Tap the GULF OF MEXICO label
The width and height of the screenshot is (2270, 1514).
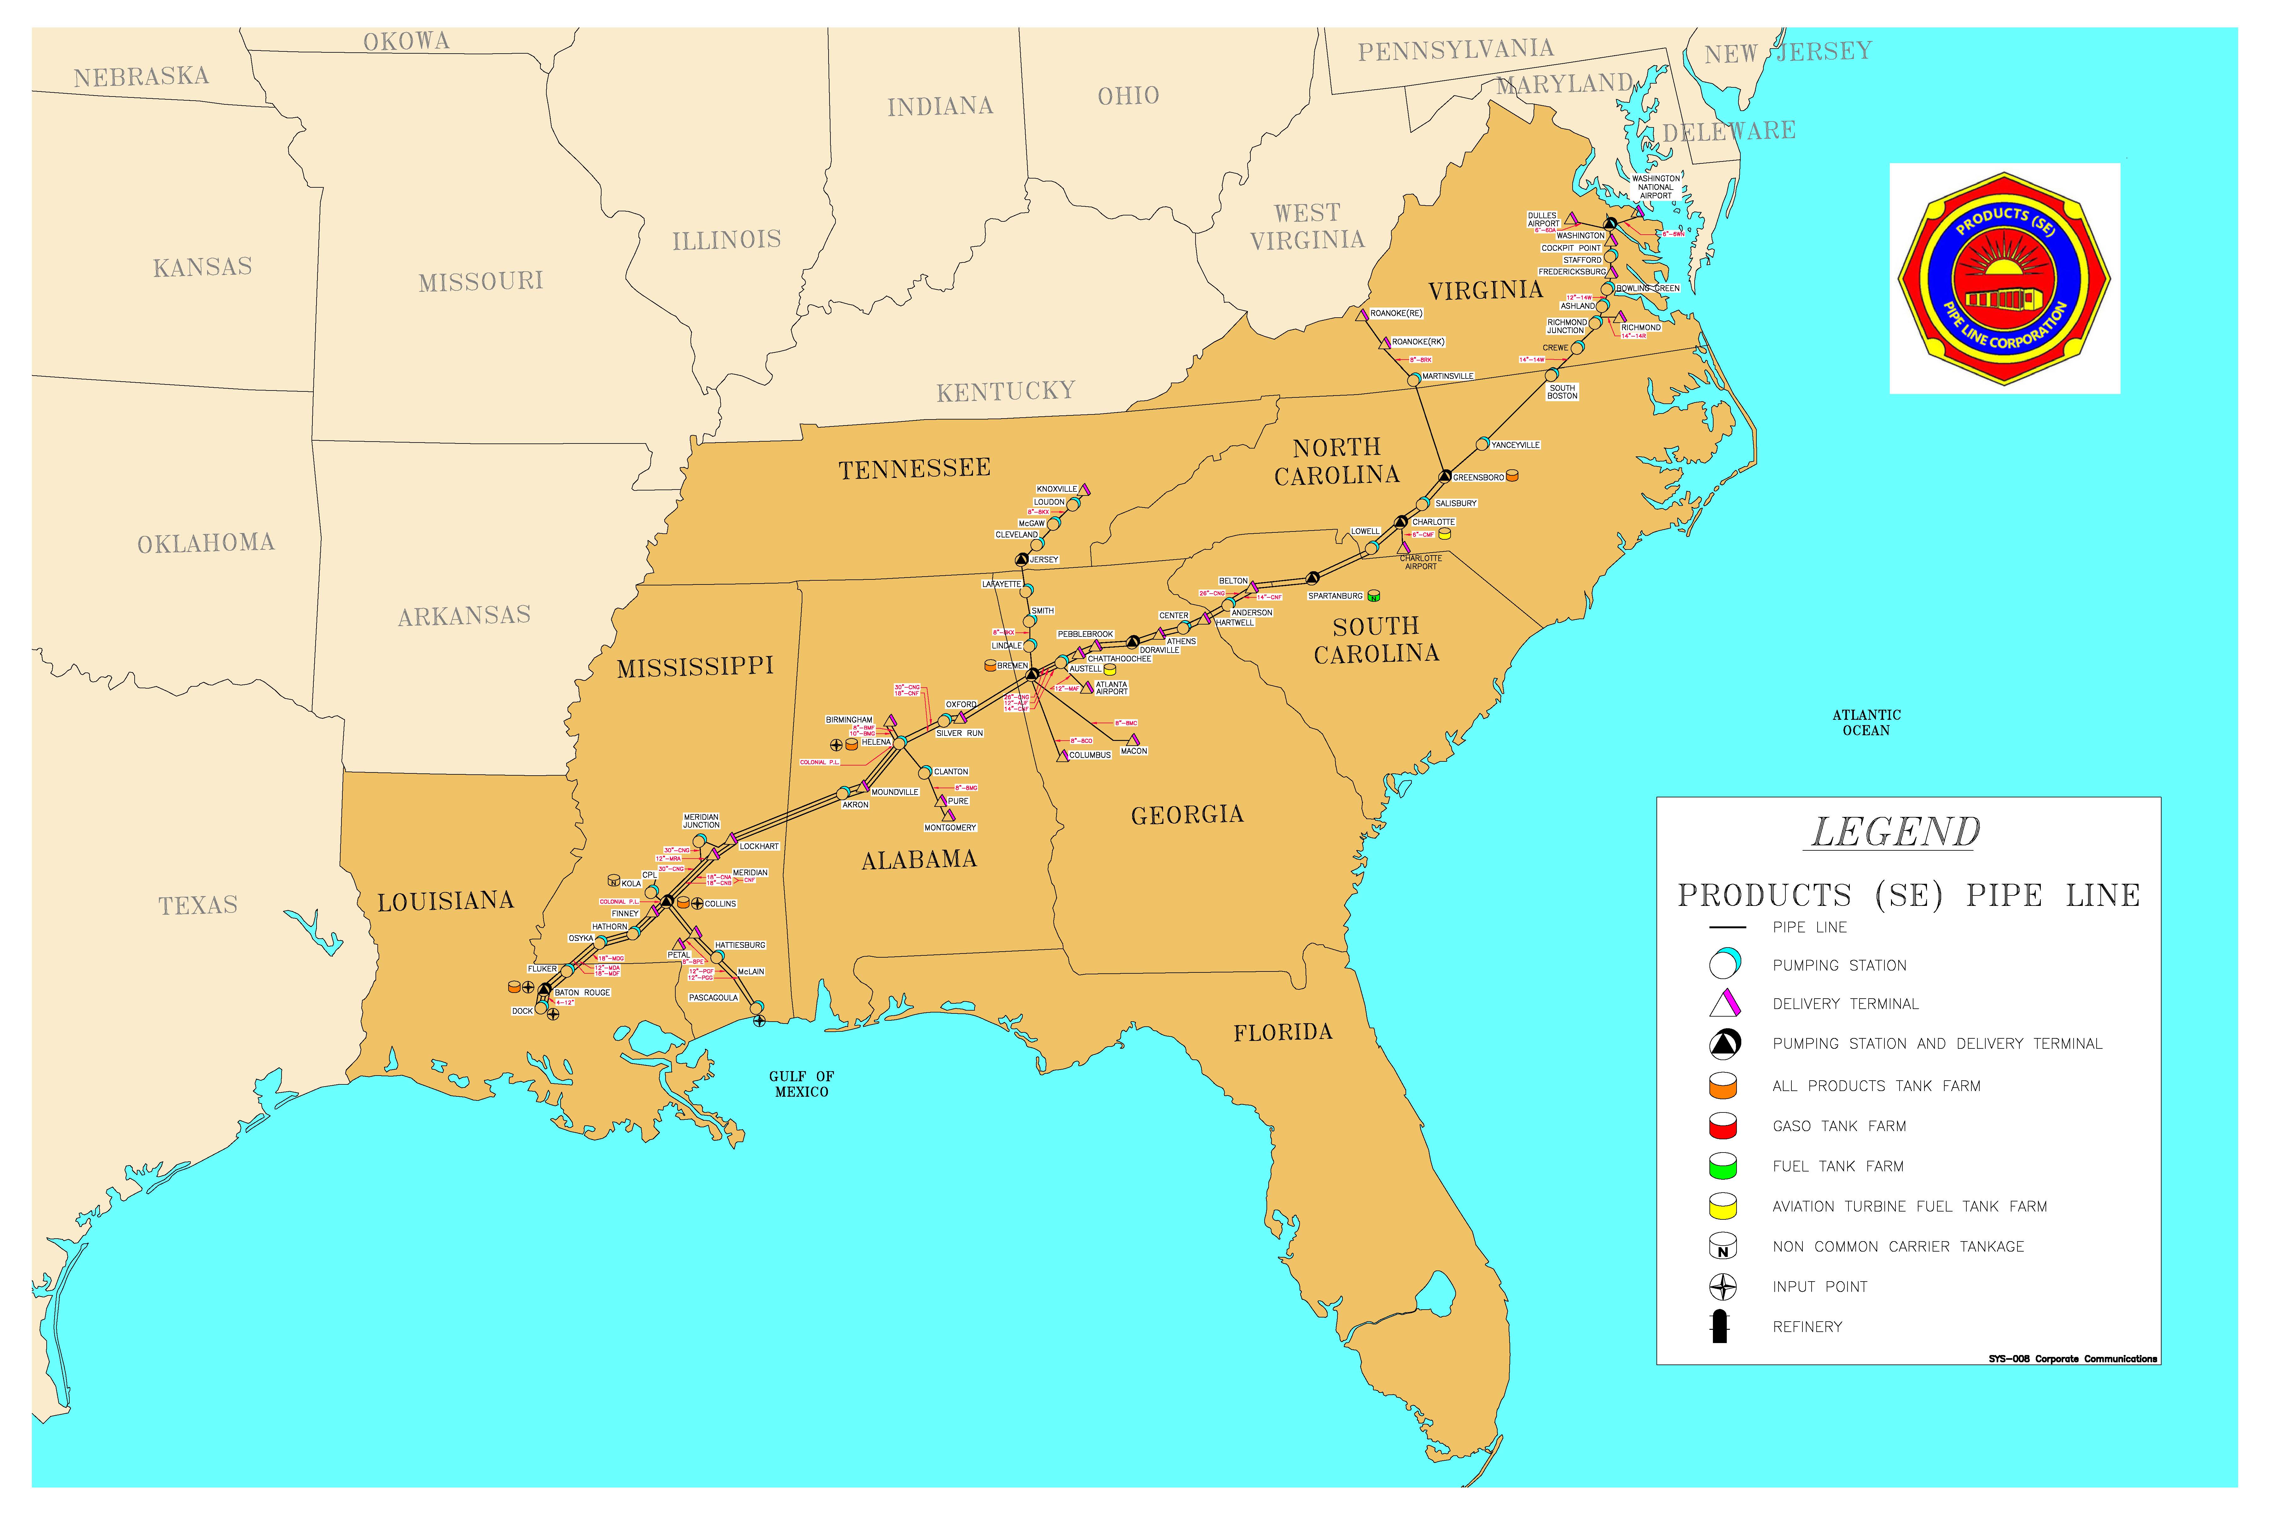pyautogui.click(x=801, y=1083)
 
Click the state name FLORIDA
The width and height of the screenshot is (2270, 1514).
pyautogui.click(x=1283, y=1032)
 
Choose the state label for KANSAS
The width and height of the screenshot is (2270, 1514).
pyautogui.click(x=203, y=267)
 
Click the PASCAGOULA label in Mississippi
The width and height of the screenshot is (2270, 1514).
pyautogui.click(x=713, y=997)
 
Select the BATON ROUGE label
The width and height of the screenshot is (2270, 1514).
pyautogui.click(x=582, y=993)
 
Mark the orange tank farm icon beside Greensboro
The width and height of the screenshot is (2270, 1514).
pyautogui.click(x=1512, y=476)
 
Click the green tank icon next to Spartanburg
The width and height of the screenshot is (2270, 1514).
pyautogui.click(x=1373, y=596)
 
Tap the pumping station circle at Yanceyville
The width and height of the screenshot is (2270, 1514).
pyautogui.click(x=1482, y=444)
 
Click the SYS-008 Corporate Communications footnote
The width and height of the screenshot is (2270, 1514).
pyautogui.click(x=2071, y=1358)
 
